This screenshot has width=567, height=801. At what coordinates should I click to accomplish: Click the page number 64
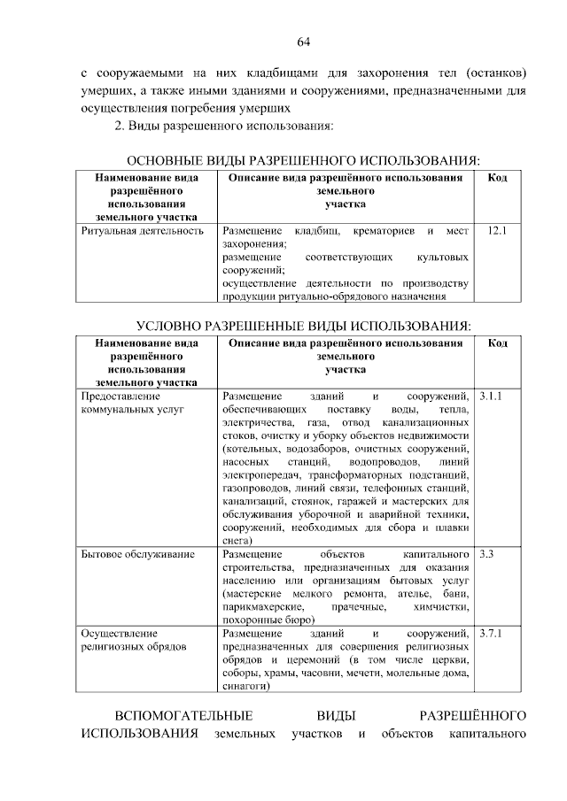pyautogui.click(x=302, y=41)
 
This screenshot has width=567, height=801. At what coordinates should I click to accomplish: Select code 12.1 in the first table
pyautogui.click(x=497, y=231)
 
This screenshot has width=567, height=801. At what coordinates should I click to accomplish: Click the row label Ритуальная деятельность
pyautogui.click(x=142, y=231)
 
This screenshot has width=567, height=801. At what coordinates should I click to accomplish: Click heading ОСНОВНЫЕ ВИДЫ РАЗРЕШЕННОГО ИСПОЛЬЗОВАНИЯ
pyautogui.click(x=305, y=160)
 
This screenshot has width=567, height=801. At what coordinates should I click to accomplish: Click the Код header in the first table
pyautogui.click(x=497, y=179)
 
